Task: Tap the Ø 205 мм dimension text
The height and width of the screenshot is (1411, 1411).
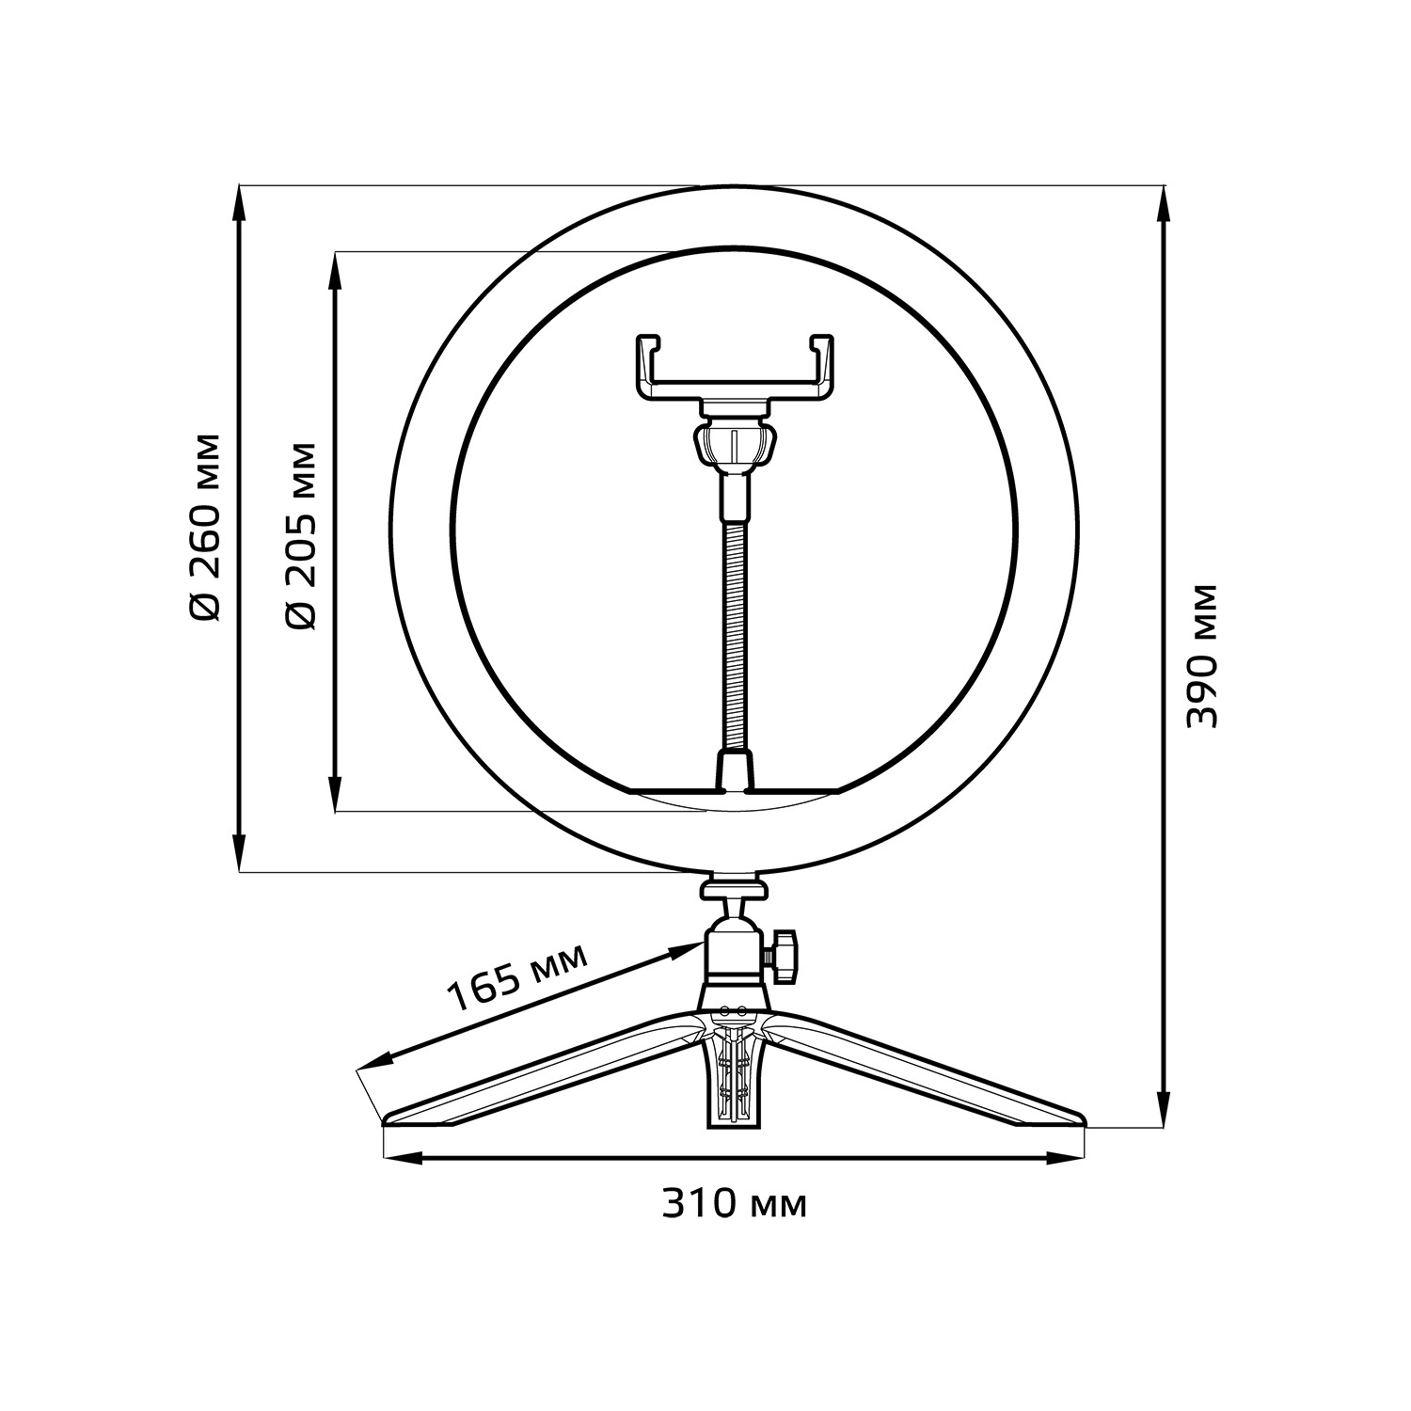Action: pyautogui.click(x=301, y=534)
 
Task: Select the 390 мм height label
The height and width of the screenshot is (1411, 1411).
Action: pyautogui.click(x=1201, y=656)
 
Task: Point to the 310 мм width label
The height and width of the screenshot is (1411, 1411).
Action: pyautogui.click(x=735, y=1203)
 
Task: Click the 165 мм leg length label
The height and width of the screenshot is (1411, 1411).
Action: pyautogui.click(x=516, y=977)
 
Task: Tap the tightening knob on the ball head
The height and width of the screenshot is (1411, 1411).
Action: pyautogui.click(x=783, y=957)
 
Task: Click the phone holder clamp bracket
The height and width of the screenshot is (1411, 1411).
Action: pyautogui.click(x=735, y=367)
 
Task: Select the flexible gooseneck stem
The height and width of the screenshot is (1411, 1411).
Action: pyautogui.click(x=735, y=611)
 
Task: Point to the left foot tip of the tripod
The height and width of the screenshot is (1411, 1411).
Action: pyautogui.click(x=386, y=1118)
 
